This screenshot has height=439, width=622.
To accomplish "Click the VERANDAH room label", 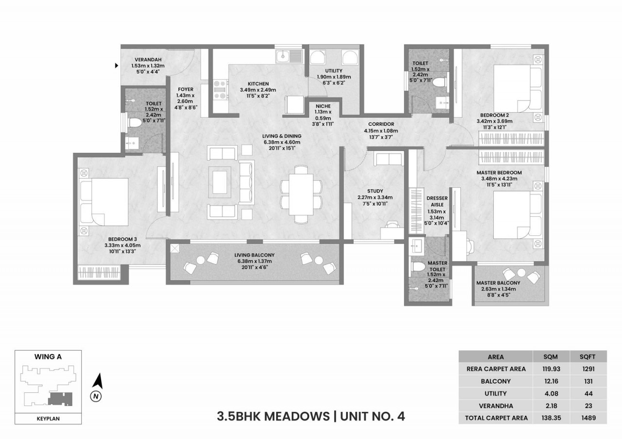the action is pyautogui.click(x=148, y=60).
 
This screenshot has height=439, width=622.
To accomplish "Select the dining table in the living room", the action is pyautogui.click(x=301, y=194).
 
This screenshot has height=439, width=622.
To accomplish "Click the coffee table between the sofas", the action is pyautogui.click(x=220, y=182).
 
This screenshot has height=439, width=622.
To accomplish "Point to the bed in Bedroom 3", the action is pyautogui.click(x=104, y=202).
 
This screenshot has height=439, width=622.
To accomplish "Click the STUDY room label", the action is pyautogui.click(x=375, y=191).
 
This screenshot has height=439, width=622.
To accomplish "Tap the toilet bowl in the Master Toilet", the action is pyautogui.click(x=418, y=267).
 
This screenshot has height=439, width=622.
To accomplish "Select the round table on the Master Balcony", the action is pyautogui.click(x=521, y=273).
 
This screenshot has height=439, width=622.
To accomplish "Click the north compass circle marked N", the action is pyautogui.click(x=96, y=396).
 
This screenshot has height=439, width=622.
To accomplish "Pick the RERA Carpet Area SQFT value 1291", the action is pyautogui.click(x=588, y=369).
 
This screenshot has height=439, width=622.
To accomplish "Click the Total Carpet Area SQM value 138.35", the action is pyautogui.click(x=551, y=418).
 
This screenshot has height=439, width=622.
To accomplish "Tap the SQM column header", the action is pyautogui.click(x=551, y=357).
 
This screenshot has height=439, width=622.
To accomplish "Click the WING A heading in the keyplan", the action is pyautogui.click(x=48, y=357).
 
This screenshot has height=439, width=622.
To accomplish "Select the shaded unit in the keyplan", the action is pyautogui.click(x=60, y=399).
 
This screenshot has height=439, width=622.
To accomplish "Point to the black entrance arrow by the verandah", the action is pyautogui.click(x=117, y=65).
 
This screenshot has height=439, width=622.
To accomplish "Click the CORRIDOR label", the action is pyautogui.click(x=381, y=124).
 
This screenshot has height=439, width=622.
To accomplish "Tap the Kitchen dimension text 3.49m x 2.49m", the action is pyautogui.click(x=258, y=90).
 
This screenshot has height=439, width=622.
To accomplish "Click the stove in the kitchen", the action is pyautogui.click(x=221, y=90).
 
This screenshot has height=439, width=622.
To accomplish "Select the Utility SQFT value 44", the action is pyautogui.click(x=588, y=393).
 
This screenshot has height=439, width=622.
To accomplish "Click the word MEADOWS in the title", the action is pyautogui.click(x=296, y=417).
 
